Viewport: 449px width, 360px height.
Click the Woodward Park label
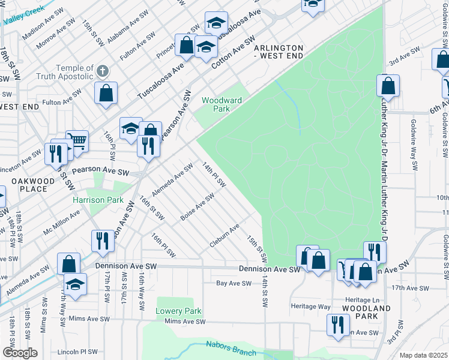point(216,105)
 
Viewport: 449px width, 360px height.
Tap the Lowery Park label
point(178,311)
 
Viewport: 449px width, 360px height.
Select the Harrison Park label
point(98,200)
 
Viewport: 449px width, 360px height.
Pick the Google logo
point(20,353)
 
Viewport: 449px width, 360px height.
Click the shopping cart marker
point(77,140)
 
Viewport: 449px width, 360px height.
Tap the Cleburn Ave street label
point(224,236)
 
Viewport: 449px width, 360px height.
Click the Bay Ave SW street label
point(234,283)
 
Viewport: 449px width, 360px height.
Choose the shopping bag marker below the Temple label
point(106,93)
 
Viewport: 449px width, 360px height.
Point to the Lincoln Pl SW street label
point(77,352)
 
